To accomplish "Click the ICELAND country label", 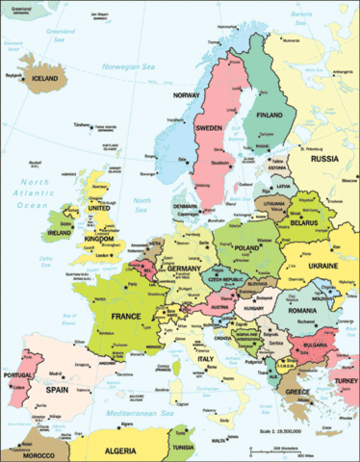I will click(47, 80).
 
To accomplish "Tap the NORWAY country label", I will click(187, 95).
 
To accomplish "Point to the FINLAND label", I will click(270, 114).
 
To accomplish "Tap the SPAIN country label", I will click(61, 393).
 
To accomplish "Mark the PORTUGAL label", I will click(20, 375).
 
